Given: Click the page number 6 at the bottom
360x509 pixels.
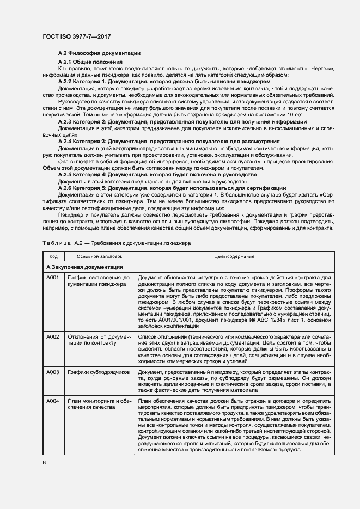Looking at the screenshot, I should point(44,463).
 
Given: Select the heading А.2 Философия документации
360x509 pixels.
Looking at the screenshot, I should point(100,53).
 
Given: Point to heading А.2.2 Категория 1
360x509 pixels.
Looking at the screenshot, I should point(164,81).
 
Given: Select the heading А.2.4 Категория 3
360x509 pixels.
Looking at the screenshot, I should point(169,141).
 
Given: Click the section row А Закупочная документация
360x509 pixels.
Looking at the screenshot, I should point(84,267).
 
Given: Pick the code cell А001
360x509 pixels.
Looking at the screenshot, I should point(53,278).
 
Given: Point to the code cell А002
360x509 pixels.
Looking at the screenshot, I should point(53,337).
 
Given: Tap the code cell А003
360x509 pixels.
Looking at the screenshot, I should point(53,372).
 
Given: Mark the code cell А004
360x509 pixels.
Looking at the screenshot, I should point(53,401).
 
